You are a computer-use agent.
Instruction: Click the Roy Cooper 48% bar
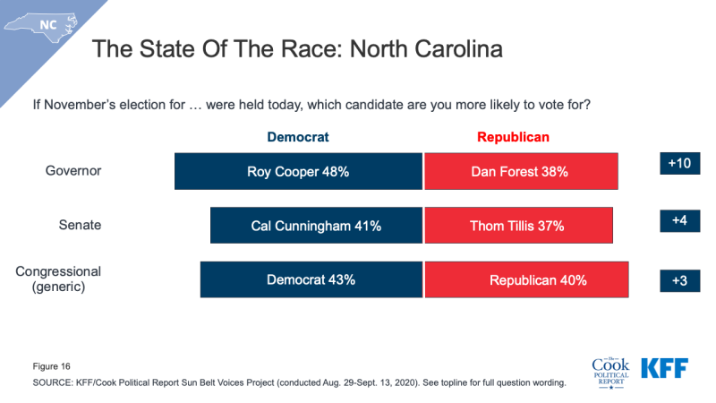[298, 171]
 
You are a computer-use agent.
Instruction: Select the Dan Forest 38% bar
[520, 171]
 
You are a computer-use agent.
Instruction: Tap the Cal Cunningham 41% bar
[316, 226]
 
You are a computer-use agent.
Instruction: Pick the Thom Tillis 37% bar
[518, 226]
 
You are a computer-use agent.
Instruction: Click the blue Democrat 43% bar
[311, 279]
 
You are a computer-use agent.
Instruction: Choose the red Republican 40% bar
[526, 279]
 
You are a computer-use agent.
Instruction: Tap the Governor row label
[74, 171]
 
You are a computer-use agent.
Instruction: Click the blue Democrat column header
[298, 137]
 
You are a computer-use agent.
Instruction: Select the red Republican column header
[513, 137]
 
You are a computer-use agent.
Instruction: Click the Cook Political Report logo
[610, 369]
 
